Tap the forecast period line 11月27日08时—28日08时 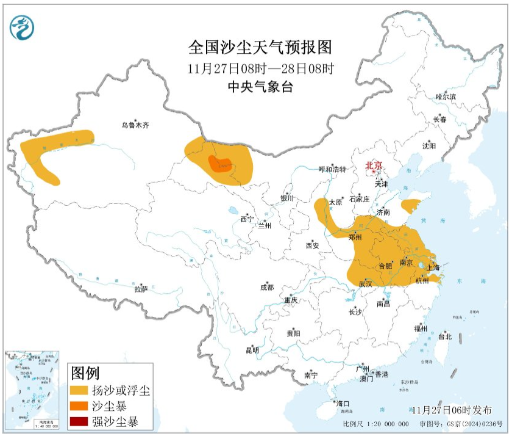click(260, 68)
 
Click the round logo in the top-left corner click(22, 27)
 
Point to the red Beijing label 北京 click(374, 165)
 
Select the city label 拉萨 click(141, 289)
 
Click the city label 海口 click(343, 404)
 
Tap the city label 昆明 click(252, 350)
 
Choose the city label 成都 click(266, 286)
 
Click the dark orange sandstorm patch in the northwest click(220, 164)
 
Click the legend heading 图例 click(85, 372)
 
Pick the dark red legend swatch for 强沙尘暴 click(79, 421)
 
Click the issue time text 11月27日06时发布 click(452, 410)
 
